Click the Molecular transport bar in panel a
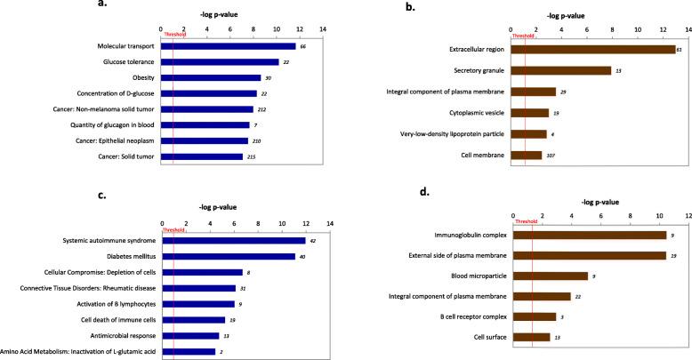coord(229,45)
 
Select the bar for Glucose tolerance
coord(220,62)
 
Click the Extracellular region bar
coord(593,49)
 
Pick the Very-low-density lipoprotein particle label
coord(447,134)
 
